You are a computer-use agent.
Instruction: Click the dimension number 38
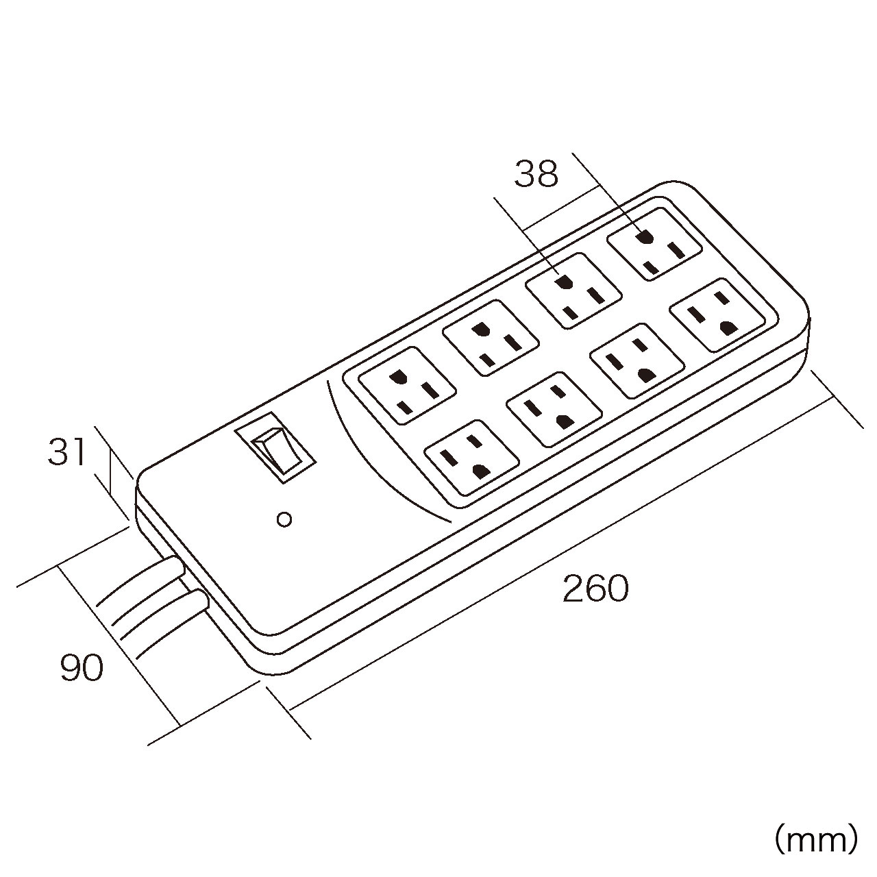tap(536, 174)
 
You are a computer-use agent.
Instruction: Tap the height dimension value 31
tap(67, 453)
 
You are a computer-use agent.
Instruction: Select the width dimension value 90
tap(82, 668)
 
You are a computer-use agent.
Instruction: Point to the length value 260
tap(595, 589)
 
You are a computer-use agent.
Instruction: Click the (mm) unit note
tap(815, 839)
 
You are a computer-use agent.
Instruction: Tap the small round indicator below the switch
tap(284, 519)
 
